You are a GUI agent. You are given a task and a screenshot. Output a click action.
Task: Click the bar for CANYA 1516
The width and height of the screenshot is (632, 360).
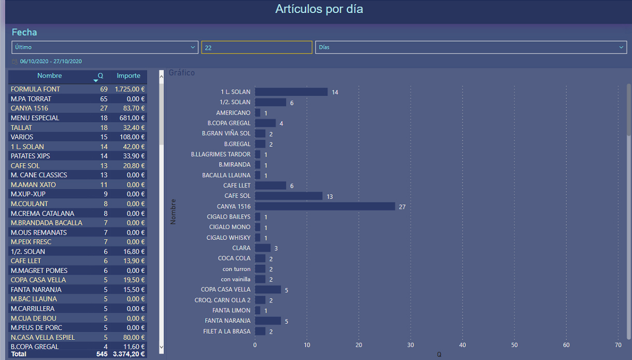pyautogui.click(x=325, y=206)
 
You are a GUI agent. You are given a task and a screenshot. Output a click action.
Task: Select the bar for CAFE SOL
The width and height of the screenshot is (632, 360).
pyautogui.click(x=289, y=196)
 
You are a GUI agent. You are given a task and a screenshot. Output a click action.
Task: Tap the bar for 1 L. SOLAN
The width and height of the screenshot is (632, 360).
pyautogui.click(x=291, y=92)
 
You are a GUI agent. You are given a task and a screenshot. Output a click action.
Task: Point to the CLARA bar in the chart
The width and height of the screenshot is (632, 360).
pyautogui.click(x=263, y=248)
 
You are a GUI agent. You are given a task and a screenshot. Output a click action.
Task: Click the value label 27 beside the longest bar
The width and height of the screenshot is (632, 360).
pyautogui.click(x=402, y=207)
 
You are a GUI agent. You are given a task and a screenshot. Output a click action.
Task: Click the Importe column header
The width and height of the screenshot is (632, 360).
pyautogui.click(x=128, y=76)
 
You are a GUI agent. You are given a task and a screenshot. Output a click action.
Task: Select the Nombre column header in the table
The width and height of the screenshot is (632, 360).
pyautogui.click(x=50, y=76)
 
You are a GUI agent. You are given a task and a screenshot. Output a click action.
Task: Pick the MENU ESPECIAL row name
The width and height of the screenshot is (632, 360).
pyautogui.click(x=35, y=118)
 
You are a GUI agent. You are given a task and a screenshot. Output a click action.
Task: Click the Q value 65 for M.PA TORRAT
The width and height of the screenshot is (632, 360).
pyautogui.click(x=104, y=98)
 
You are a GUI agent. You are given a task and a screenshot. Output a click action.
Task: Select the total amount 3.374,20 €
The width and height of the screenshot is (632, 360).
pyautogui.click(x=129, y=354)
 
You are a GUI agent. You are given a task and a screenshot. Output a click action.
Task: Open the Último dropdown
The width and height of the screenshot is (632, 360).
pyautogui.click(x=105, y=47)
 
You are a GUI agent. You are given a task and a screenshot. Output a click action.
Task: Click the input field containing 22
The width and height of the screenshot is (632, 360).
pyautogui.click(x=256, y=47)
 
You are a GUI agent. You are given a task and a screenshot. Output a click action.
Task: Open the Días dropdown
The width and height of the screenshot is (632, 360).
pyautogui.click(x=471, y=47)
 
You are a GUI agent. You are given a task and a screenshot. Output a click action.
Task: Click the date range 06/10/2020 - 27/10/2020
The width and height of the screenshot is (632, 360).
pyautogui.click(x=51, y=61)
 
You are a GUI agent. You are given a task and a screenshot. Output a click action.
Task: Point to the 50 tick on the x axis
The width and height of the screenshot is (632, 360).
pyautogui.click(x=514, y=345)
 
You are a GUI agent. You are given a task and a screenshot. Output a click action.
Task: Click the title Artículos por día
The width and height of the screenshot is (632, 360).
pyautogui.click(x=319, y=9)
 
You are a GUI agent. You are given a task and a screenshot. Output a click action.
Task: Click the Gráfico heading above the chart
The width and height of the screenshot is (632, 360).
pyautogui.click(x=182, y=73)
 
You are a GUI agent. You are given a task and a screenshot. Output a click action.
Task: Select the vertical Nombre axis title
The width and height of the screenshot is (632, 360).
pyautogui.click(x=174, y=211)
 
